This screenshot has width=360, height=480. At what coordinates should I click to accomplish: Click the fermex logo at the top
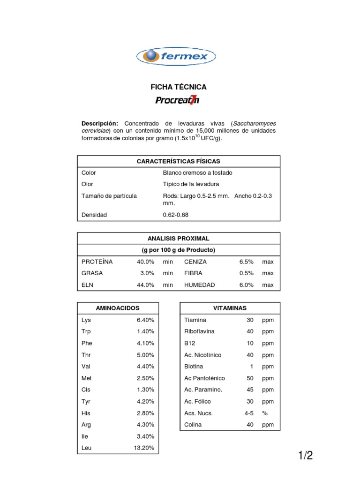click(x=176, y=56)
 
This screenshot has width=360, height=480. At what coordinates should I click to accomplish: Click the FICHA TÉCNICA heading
click(x=178, y=87)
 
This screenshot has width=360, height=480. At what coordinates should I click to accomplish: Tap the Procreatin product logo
click(x=177, y=100)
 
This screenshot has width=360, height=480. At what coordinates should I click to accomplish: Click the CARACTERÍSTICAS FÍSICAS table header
click(x=178, y=161)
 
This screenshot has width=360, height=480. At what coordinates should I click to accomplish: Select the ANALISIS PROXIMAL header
click(x=179, y=239)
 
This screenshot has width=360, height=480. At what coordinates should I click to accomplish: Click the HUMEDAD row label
click(x=199, y=285)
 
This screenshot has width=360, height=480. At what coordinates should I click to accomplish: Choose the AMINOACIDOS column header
click(x=118, y=308)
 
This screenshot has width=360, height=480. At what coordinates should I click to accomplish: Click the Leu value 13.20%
click(x=144, y=448)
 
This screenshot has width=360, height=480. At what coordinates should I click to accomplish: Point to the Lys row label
click(x=86, y=320)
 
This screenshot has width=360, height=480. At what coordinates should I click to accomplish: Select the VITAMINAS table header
click(x=230, y=308)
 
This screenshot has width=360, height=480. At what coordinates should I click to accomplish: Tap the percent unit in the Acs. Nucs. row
click(x=265, y=413)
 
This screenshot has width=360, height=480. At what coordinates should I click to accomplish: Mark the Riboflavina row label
click(x=199, y=331)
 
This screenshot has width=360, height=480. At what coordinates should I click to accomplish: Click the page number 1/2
click(x=305, y=455)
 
